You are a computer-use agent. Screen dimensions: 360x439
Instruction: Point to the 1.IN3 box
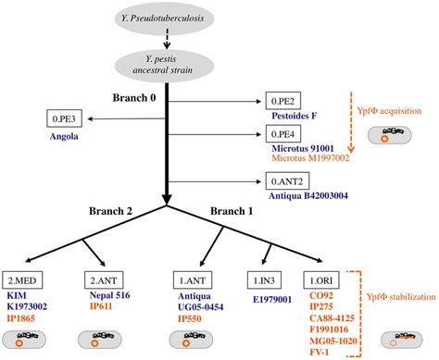click(x=269, y=277)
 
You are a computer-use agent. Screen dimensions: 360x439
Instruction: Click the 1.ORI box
click(x=327, y=277)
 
